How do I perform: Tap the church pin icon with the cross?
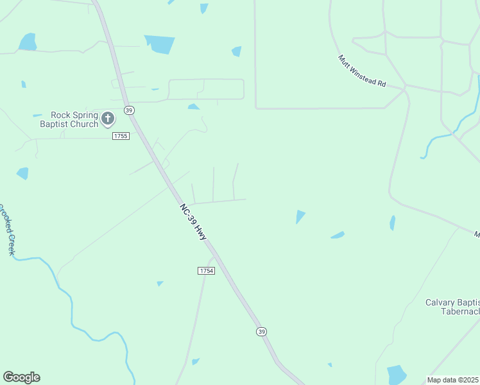pos(107,119)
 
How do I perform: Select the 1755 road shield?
pos(121,136)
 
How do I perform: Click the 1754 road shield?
pos(206,271)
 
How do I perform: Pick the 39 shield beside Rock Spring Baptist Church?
pos(129,110)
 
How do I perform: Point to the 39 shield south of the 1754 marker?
pos(261,331)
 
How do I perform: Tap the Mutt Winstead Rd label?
pos(363,71)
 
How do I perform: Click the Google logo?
pos(21,377)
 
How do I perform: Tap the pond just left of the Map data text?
pos(397,374)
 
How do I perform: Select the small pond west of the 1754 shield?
pos(160,283)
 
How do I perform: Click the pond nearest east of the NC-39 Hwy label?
pos(300,217)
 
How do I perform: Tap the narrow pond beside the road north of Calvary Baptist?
pos(392,223)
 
